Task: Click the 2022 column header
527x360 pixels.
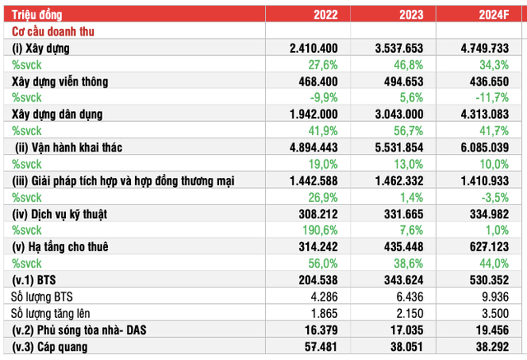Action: pyautogui.click(x=326, y=14)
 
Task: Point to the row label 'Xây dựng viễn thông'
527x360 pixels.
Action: pyautogui.click(x=72, y=82)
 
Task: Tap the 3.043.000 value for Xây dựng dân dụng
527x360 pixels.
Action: pyautogui.click(x=403, y=115)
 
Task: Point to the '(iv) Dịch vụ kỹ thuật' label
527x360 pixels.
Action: pyautogui.click(x=72, y=213)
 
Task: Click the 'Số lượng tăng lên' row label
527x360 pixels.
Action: pyautogui.click(x=57, y=312)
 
